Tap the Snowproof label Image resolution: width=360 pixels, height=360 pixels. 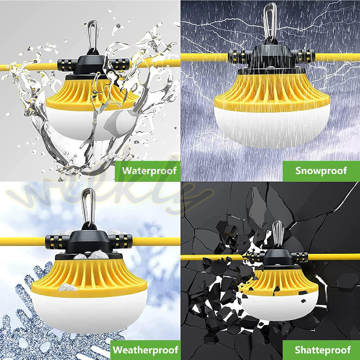click(321, 170)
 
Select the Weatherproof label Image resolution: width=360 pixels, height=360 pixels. click(145, 350)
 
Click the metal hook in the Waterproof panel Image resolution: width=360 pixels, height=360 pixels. click(92, 34)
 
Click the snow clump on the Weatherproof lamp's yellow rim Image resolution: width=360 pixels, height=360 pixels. click(67, 287)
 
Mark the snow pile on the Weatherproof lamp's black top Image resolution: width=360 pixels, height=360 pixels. click(94, 255)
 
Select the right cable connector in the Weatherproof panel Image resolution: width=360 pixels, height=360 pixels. click(122, 241)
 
